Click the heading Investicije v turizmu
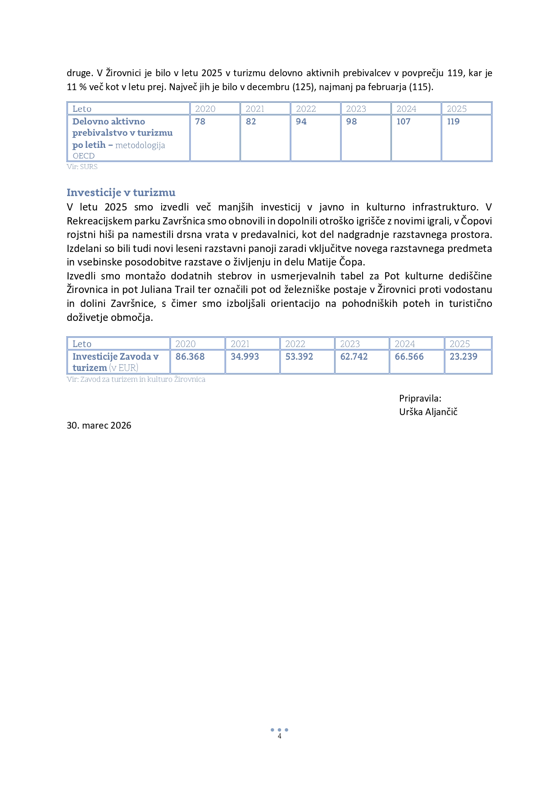pyautogui.click(x=121, y=192)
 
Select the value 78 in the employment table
pyautogui.click(x=200, y=122)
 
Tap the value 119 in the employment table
pyautogui.click(x=453, y=122)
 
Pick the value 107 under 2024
pyautogui.click(x=403, y=122)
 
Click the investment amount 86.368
pyautogui.click(x=190, y=357)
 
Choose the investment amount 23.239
pyautogui.click(x=463, y=357)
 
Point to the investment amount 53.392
pyautogui.click(x=299, y=357)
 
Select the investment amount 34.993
pyautogui.click(x=245, y=357)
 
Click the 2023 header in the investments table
pyautogui.click(x=350, y=344)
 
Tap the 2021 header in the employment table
pyautogui.click(x=255, y=109)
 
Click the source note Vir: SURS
pyautogui.click(x=82, y=167)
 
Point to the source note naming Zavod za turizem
pyautogui.click(x=136, y=379)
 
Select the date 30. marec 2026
pyautogui.click(x=99, y=425)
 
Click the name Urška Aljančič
pyautogui.click(x=428, y=412)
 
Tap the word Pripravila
pyautogui.click(x=420, y=398)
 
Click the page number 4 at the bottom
pyautogui.click(x=280, y=736)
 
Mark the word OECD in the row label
pyautogui.click(x=84, y=156)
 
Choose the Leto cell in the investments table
pyautogui.click(x=82, y=344)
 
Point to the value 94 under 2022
pyautogui.click(x=301, y=122)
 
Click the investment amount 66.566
pyautogui.click(x=409, y=357)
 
